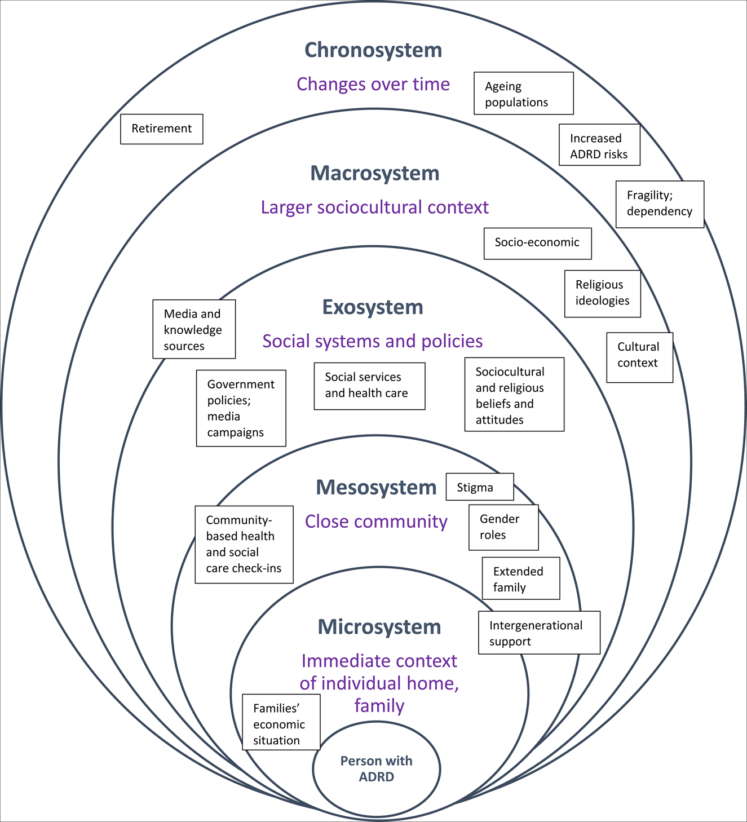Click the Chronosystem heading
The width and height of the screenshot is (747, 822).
(373, 50)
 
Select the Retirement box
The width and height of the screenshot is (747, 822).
(162, 129)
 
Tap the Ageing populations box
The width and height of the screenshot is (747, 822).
(524, 94)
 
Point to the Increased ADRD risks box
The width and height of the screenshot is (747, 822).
(599, 145)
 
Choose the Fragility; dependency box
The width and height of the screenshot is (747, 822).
(660, 204)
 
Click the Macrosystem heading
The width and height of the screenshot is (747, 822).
(375, 173)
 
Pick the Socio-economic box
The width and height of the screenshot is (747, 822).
(537, 243)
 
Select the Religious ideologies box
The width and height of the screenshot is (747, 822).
(602, 293)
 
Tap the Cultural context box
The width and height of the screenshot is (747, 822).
(639, 357)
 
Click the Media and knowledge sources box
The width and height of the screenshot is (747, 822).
(194, 329)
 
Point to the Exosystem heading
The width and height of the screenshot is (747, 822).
(373, 307)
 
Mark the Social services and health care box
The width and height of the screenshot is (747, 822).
(369, 386)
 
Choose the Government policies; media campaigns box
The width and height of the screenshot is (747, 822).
(241, 408)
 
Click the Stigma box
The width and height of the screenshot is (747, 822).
(479, 487)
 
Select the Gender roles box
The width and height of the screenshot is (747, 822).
(503, 527)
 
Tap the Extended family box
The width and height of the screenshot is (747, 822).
(520, 578)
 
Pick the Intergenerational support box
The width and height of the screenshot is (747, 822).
(539, 633)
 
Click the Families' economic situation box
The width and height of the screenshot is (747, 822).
(281, 722)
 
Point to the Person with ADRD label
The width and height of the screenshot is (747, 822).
(377, 769)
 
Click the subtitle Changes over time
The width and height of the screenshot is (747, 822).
(373, 84)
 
